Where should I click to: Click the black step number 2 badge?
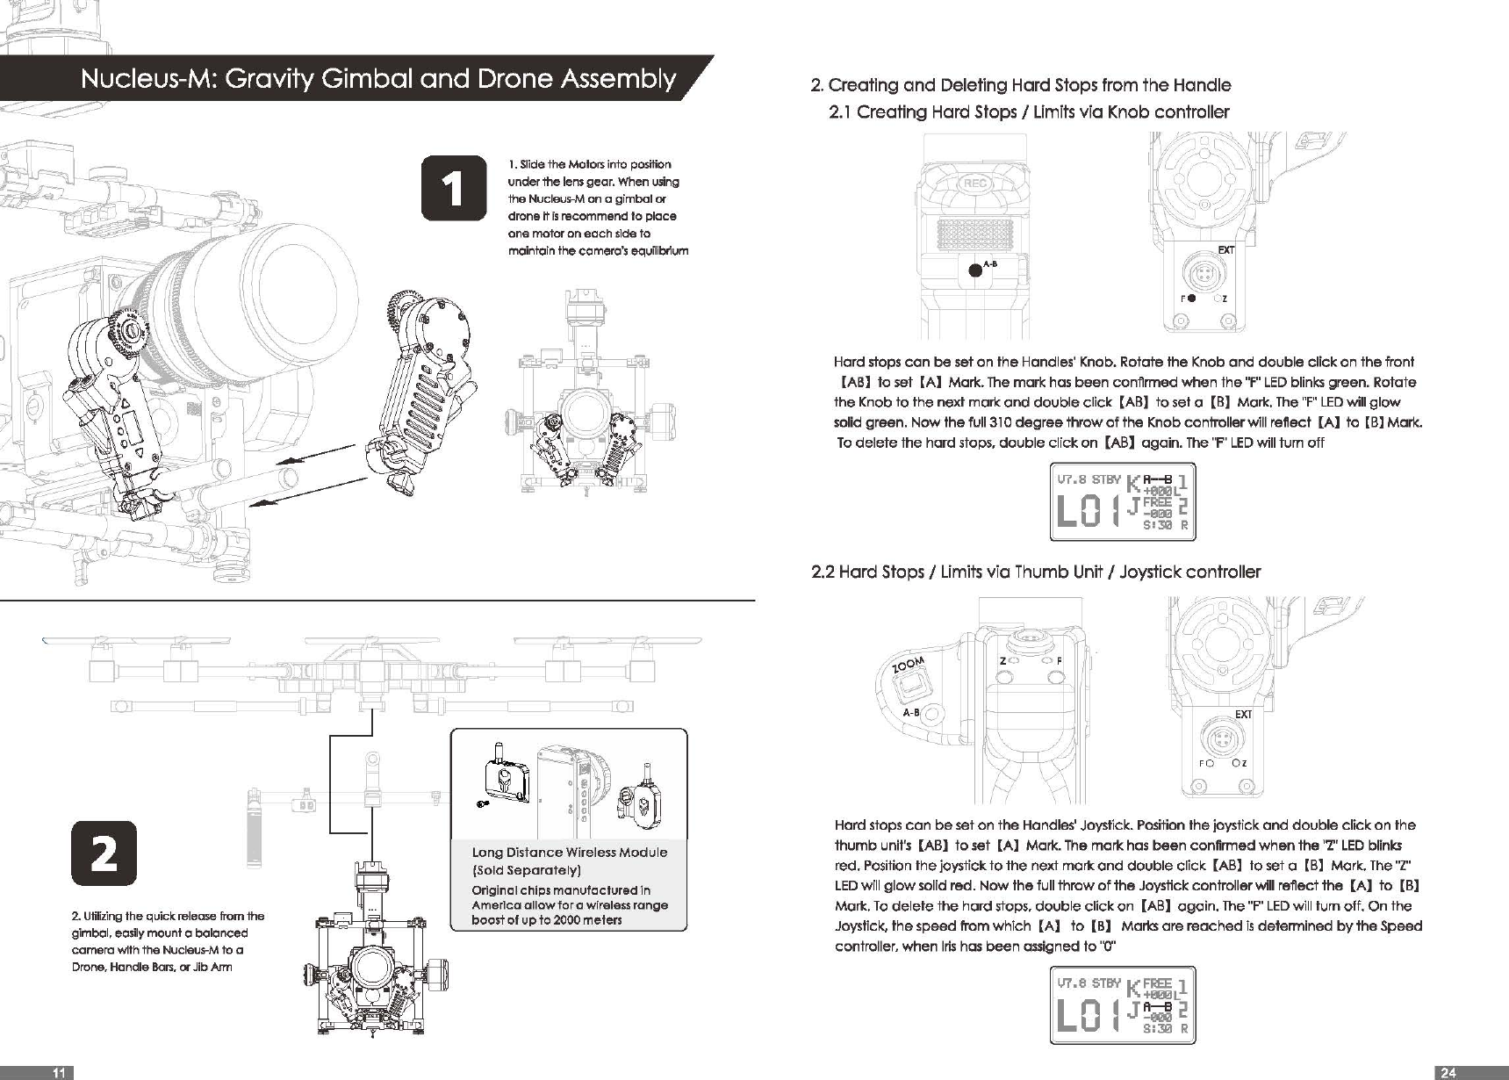coord(104,853)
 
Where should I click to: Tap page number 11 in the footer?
coord(59,1072)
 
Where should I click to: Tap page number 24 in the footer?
coord(1448,1072)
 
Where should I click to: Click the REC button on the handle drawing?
coord(974,184)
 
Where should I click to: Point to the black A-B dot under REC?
coord(974,270)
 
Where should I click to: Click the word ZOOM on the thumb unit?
coord(909,666)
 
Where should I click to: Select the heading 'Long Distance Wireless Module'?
coord(569,853)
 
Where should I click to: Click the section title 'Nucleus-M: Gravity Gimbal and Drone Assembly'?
coord(377,79)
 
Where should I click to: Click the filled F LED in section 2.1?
coord(1192,299)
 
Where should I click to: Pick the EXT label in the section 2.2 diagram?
coord(1243,715)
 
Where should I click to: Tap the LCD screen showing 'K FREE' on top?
coord(1123,1004)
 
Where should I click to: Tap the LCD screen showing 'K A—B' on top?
coord(1123,501)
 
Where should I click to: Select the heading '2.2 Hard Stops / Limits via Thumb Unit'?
coord(1036,572)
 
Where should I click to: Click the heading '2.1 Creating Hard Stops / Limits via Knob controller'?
coord(1029,112)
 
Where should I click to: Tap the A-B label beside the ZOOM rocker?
coord(911,712)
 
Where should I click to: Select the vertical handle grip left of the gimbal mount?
coord(256,825)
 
